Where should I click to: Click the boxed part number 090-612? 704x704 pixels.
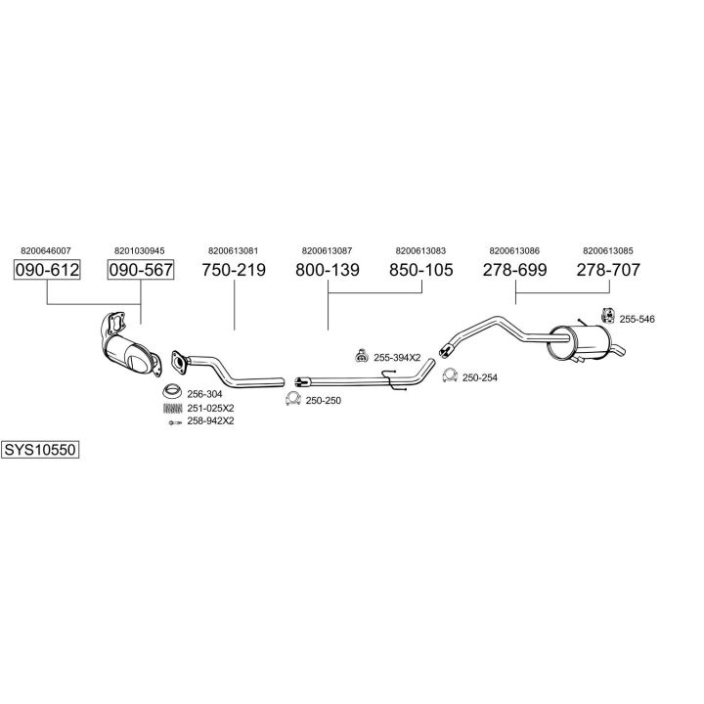click(x=47, y=270)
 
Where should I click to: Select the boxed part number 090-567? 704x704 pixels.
click(x=140, y=270)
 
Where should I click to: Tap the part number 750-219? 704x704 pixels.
click(x=234, y=270)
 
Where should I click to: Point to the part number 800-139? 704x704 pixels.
click(x=328, y=270)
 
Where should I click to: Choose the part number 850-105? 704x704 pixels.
click(x=420, y=270)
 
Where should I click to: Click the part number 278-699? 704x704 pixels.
click(x=514, y=270)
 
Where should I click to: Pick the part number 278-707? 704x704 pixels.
click(x=607, y=270)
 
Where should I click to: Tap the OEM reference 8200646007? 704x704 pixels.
click(x=45, y=249)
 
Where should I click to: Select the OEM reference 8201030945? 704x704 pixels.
click(x=139, y=249)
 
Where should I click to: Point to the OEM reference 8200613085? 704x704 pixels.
click(x=607, y=249)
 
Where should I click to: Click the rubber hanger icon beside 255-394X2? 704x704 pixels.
click(x=361, y=356)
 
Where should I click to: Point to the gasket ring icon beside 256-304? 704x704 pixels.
click(x=171, y=394)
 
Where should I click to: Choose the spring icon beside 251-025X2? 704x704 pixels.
click(x=171, y=408)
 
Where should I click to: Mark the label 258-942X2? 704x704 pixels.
click(x=211, y=420)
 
